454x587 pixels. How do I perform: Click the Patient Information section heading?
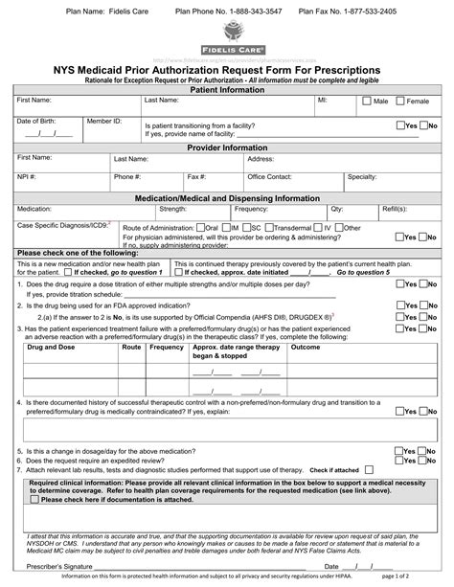click(x=227, y=88)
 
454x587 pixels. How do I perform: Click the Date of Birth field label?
click(x=37, y=121)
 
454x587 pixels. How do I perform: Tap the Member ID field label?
click(x=104, y=121)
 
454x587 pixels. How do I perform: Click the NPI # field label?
click(x=27, y=177)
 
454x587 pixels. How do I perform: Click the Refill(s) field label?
click(x=397, y=208)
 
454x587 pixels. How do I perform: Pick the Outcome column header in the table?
click(x=306, y=348)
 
